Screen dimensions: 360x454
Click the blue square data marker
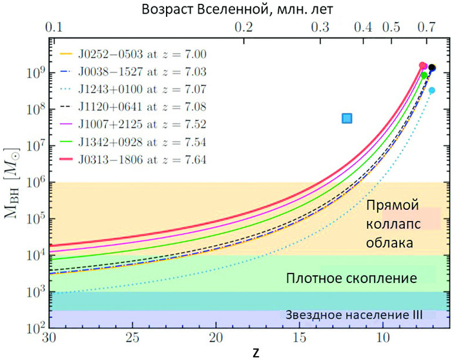point(347,118)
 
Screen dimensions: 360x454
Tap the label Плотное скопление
point(351,279)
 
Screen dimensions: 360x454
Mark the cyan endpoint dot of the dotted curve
point(431,90)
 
